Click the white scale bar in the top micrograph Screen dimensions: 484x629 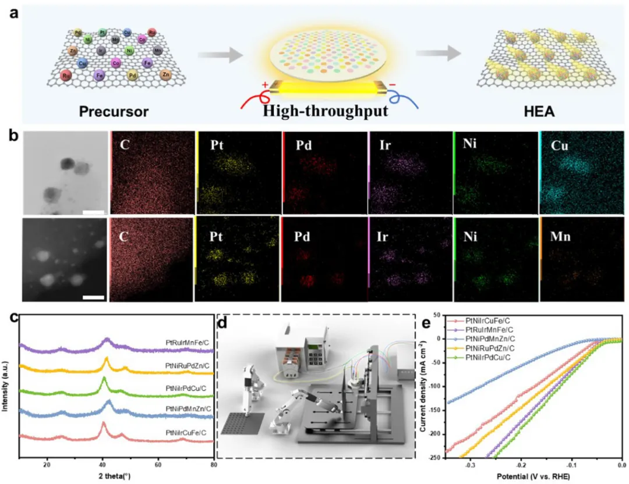pyautogui.click(x=93, y=212)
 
